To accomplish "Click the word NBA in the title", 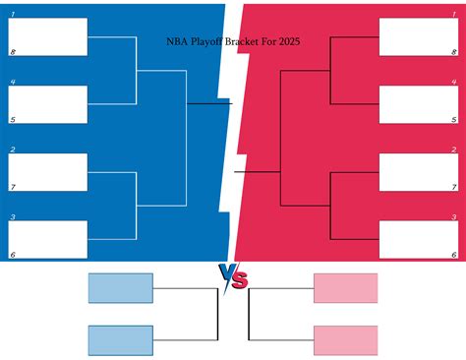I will [176, 41].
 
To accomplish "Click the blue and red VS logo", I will [233, 277].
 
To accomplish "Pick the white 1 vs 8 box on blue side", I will [48, 36].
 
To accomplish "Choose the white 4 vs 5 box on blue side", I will [48, 104].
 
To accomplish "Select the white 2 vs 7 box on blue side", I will [48, 171].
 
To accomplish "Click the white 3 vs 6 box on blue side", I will [48, 239].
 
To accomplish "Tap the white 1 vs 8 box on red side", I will [418, 36].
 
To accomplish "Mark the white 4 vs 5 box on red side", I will [418, 104].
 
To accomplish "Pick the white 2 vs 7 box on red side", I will [418, 171].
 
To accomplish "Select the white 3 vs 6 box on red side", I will [418, 239].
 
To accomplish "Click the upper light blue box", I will [121, 288].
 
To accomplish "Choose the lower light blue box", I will [121, 340].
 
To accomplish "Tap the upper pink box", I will [345, 288].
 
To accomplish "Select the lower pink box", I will [345, 340].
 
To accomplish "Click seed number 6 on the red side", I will [453, 254].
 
